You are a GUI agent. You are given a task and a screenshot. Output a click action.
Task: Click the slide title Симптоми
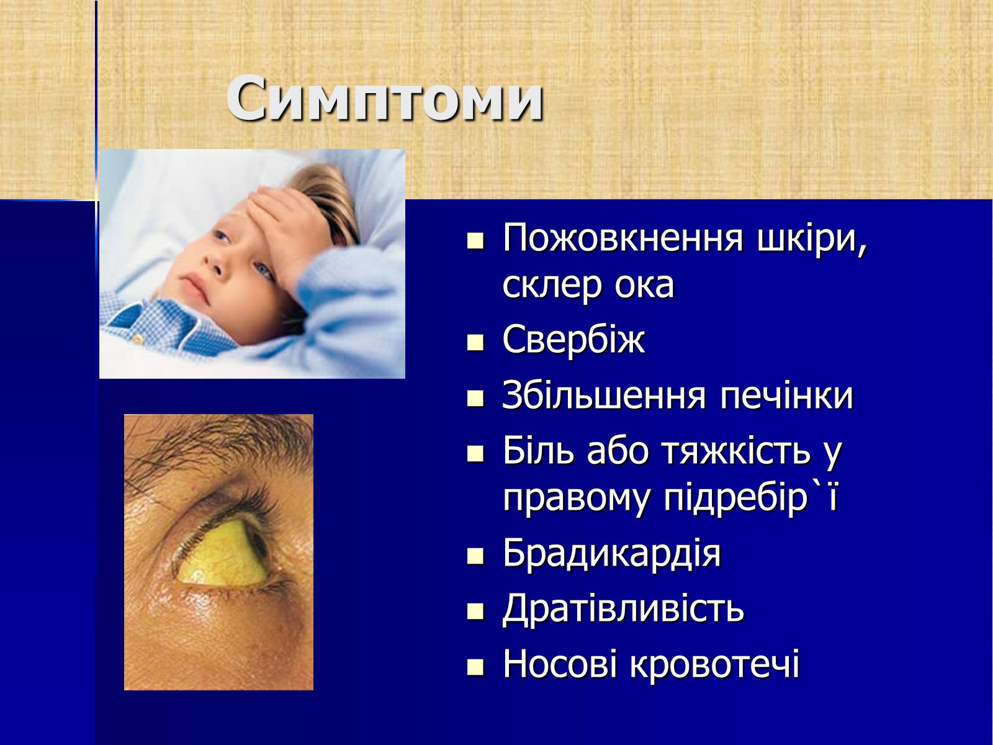[385, 99]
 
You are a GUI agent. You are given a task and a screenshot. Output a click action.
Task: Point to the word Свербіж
[573, 339]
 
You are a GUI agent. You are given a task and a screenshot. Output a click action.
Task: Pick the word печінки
[786, 396]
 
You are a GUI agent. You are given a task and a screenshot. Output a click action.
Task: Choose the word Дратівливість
[623, 609]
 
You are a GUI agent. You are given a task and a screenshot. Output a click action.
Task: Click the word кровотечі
[715, 664]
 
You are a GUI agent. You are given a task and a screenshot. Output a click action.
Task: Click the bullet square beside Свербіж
[475, 343]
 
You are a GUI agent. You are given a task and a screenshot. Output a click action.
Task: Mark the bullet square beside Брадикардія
[475, 556]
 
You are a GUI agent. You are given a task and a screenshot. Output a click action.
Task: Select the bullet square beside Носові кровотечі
[475, 666]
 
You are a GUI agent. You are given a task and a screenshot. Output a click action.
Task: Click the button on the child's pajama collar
[137, 338]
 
